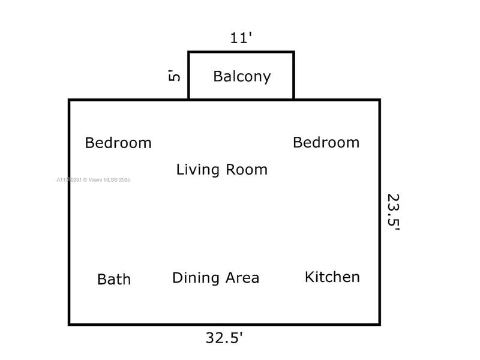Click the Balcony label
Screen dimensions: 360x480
tap(242, 77)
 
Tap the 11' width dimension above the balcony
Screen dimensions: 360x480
tap(241, 38)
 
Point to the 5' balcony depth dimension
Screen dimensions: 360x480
tap(174, 76)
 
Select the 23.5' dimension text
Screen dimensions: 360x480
tap(393, 212)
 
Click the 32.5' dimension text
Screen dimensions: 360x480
tap(224, 338)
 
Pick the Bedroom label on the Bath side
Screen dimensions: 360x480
tap(118, 143)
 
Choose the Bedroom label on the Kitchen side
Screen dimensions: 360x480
tap(326, 143)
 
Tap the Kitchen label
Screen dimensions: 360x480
tap(332, 277)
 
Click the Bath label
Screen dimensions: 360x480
tap(114, 280)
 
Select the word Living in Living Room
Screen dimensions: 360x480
tap(197, 170)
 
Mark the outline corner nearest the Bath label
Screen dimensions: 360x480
tap(70, 324)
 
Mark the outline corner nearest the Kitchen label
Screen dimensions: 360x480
tap(379, 324)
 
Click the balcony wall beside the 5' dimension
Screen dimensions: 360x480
tap(189, 76)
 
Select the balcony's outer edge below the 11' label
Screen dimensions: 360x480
tap(241, 52)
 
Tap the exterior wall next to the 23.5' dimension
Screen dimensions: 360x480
tap(379, 212)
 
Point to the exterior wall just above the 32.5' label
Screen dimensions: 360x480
tap(224, 324)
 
